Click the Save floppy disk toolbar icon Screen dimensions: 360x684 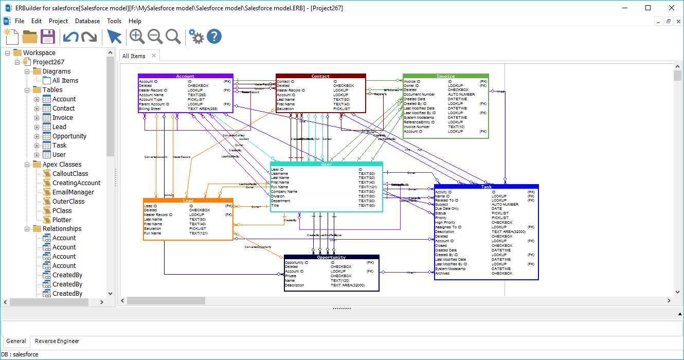coord(48,37)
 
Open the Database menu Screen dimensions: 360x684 coord(87,21)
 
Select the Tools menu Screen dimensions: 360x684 coord(114,21)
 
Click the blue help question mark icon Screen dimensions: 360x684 coord(214,37)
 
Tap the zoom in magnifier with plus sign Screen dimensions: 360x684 coord(137,37)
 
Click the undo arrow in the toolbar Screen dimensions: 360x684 coord(70,37)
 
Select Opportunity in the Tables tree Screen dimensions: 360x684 coord(69,136)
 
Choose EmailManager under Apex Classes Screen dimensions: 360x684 coord(73,192)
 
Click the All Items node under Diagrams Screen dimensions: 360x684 coord(65,81)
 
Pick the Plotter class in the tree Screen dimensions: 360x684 coord(62,220)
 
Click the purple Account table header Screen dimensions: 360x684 coord(185,77)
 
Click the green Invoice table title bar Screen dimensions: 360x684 coord(445,77)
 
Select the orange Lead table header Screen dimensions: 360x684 coord(188,201)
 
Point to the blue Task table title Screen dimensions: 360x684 coord(486,187)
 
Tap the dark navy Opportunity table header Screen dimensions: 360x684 coord(331,258)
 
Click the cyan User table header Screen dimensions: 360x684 coord(326,165)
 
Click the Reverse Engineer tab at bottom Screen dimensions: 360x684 coord(57,341)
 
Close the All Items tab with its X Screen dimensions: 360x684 coord(154,56)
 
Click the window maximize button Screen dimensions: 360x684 coord(648,8)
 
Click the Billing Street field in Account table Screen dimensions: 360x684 coord(150,109)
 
